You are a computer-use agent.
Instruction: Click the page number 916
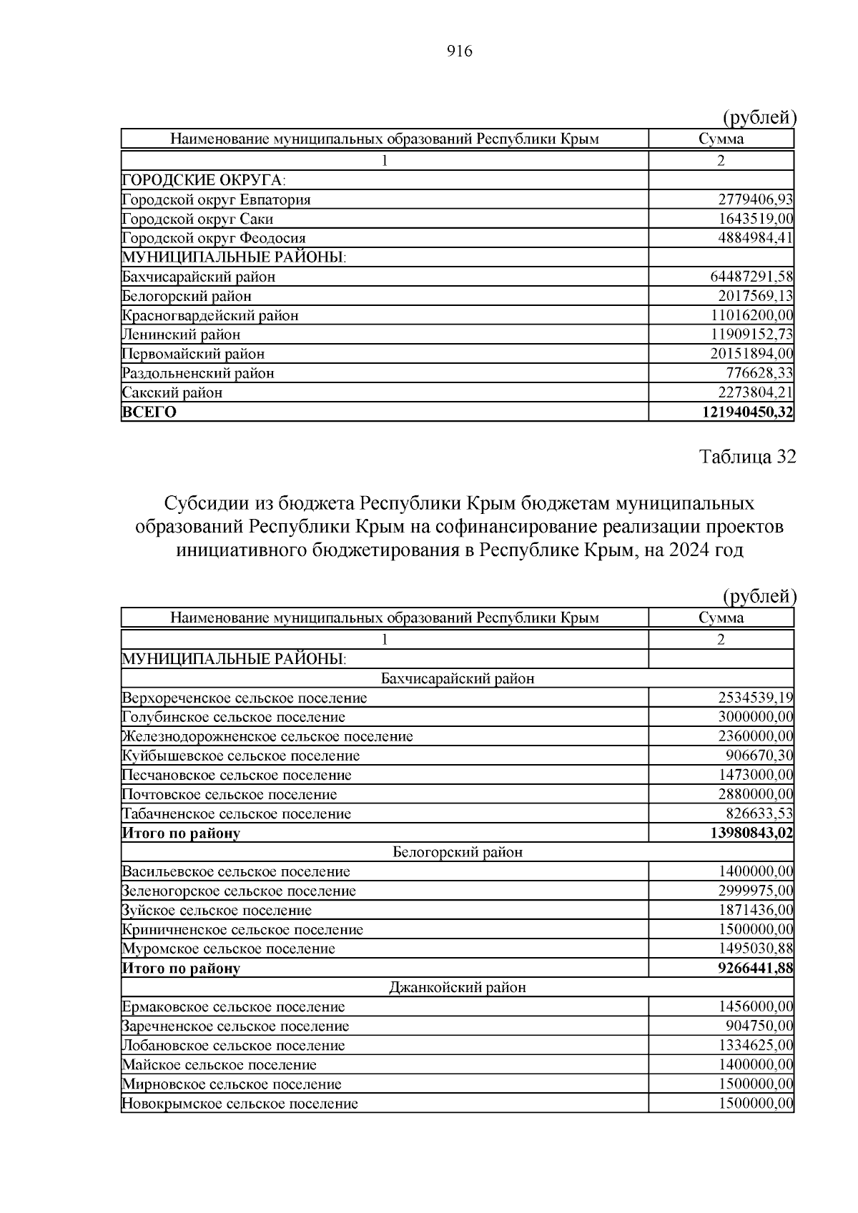click(x=460, y=51)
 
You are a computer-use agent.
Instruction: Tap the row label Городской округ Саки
click(x=197, y=219)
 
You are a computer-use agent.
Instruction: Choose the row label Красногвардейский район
click(x=210, y=315)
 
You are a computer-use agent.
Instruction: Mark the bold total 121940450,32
click(x=748, y=412)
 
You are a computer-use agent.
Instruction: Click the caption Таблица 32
click(x=747, y=457)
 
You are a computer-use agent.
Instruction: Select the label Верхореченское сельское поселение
click(x=245, y=698)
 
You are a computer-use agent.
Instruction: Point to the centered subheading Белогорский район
click(x=458, y=852)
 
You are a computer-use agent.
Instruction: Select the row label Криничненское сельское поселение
click(x=242, y=929)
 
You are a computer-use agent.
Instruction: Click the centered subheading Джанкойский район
click(x=458, y=988)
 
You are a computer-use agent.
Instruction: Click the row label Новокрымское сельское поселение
click(x=240, y=1104)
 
